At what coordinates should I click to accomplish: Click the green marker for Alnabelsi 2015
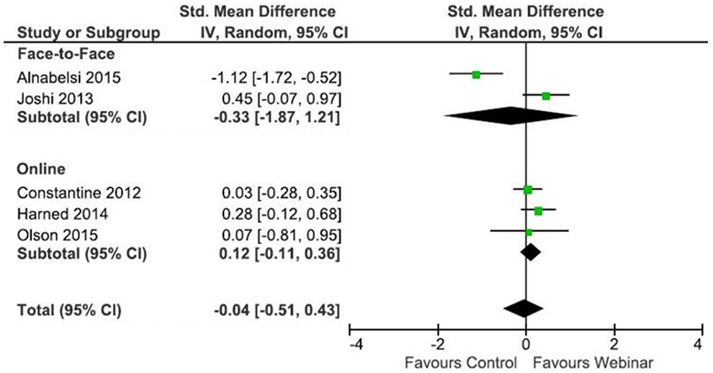(x=476, y=74)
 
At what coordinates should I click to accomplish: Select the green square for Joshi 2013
(x=546, y=96)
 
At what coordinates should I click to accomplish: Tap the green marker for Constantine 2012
(x=527, y=190)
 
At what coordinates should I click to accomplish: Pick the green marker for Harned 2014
(x=538, y=212)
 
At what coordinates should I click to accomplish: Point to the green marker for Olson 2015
(x=528, y=232)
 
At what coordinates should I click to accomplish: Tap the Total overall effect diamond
(x=523, y=308)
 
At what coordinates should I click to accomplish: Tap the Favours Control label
(x=461, y=362)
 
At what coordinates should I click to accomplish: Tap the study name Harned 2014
(x=62, y=214)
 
